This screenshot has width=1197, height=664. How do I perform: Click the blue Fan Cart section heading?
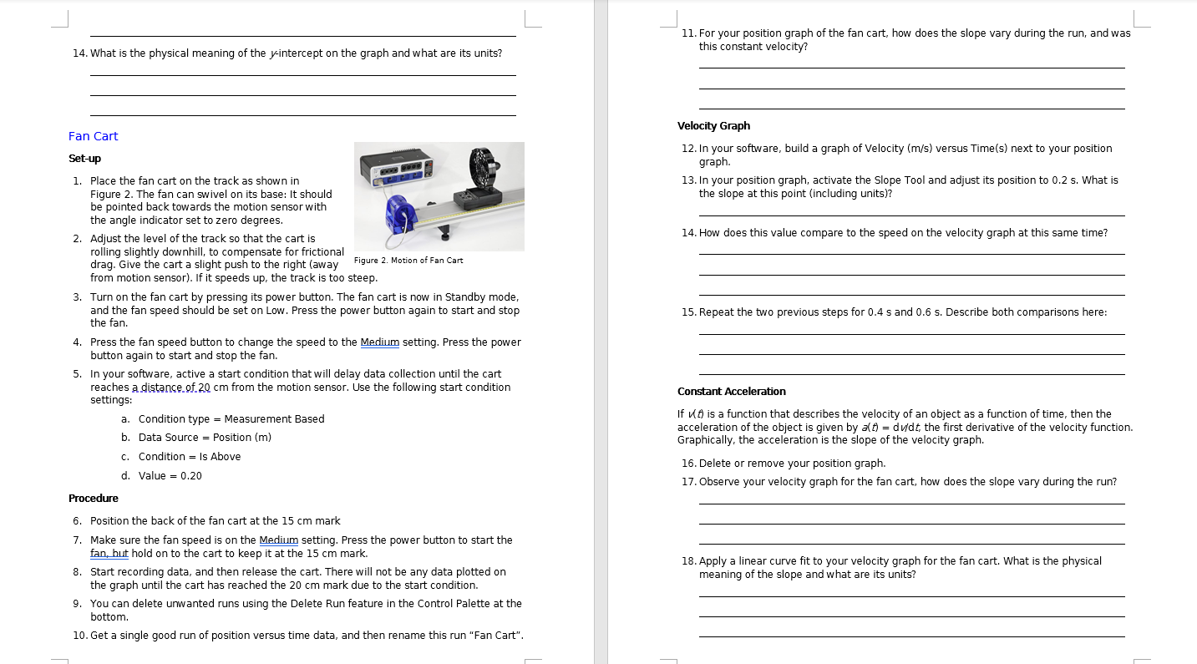pos(93,136)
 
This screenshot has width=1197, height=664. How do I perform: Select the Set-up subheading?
pos(84,159)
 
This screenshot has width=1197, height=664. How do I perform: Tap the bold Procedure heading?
pos(93,499)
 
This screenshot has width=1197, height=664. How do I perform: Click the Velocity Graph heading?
pos(713,126)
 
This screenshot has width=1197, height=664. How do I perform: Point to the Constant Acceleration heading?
pos(731,392)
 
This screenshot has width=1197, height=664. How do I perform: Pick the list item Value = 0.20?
pos(170,476)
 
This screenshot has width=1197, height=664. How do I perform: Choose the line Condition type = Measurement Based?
pos(231,419)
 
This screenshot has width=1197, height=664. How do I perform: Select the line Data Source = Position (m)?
pos(205,438)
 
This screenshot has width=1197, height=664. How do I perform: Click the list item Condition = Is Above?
pos(190,457)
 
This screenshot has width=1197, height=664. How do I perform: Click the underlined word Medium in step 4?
pos(379,342)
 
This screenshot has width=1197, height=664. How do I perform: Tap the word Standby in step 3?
pos(464,297)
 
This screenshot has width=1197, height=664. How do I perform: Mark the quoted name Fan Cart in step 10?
pos(497,636)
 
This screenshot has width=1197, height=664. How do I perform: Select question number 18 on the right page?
pos(688,561)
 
